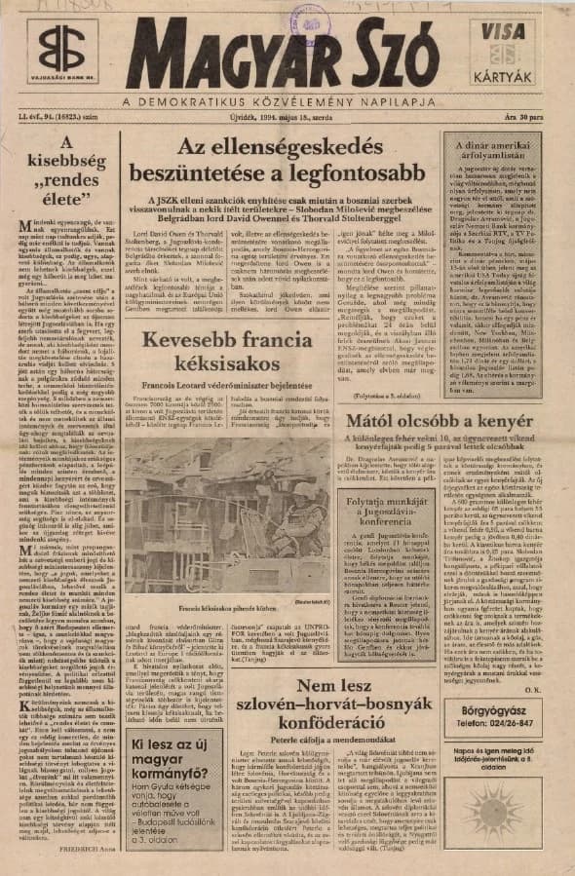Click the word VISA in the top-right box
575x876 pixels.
[511, 30]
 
